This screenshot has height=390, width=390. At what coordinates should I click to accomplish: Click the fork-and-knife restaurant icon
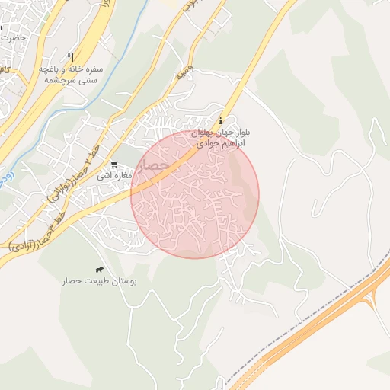coord(70,57)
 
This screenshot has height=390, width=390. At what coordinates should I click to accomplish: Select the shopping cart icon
coord(114,164)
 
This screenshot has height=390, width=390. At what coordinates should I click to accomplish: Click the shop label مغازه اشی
coord(114,175)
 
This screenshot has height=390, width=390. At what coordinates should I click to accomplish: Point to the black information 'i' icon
coord(221,121)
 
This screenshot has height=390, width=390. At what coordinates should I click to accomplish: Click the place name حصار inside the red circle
coord(155,165)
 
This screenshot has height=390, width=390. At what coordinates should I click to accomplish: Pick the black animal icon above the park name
coord(100,270)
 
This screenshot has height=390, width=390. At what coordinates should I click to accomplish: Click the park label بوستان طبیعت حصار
coord(100,281)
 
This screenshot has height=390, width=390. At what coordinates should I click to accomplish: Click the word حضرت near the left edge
coord(14,37)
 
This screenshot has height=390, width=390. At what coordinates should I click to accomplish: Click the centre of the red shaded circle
coord(195,194)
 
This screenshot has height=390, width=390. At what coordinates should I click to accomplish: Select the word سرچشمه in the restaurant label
coord(59,79)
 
